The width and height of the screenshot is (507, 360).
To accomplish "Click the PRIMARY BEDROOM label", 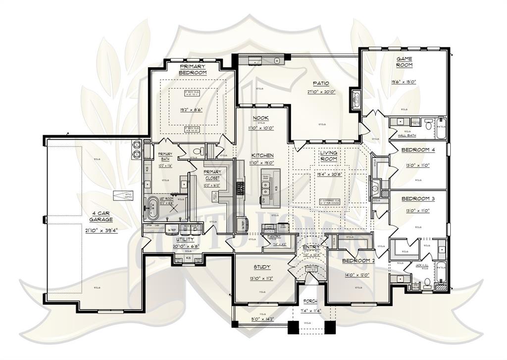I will pyautogui.click(x=193, y=69).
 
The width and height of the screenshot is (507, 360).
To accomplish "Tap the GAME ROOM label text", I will pyautogui.click(x=404, y=62).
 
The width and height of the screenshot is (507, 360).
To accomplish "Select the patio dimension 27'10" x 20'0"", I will pyautogui.click(x=321, y=92).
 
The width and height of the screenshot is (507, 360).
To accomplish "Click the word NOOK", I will pyautogui.click(x=261, y=118).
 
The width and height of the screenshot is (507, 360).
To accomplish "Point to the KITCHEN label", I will pyautogui.click(x=262, y=155).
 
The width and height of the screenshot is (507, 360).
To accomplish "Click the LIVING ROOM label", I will pyautogui.click(x=328, y=156).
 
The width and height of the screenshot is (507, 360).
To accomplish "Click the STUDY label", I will pyautogui.click(x=262, y=267).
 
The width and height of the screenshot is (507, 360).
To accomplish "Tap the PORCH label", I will pyautogui.click(x=310, y=301).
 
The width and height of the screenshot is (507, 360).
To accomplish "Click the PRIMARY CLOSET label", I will pyautogui.click(x=212, y=175).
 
